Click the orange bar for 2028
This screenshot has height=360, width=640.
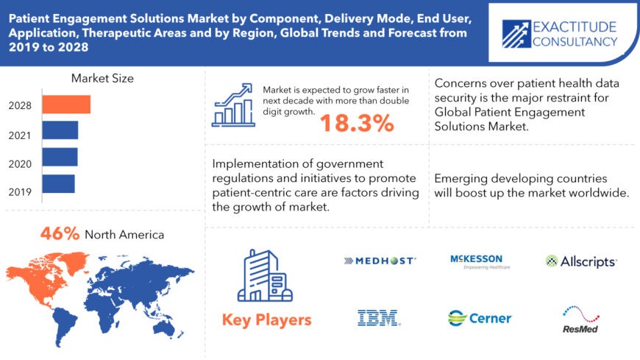[66, 105]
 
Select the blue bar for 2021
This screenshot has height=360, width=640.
[60, 130]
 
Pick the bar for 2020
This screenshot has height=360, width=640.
[60, 157]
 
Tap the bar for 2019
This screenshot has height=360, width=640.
[58, 183]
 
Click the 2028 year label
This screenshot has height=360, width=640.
[21, 105]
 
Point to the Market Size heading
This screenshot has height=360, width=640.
[102, 78]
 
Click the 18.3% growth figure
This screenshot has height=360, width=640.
[357, 124]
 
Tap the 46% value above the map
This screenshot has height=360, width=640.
[59, 234]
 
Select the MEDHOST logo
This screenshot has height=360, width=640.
[380, 261]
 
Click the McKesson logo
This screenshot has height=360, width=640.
[477, 261]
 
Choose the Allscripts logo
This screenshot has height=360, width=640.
[580, 261]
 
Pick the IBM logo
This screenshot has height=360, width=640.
[378, 318]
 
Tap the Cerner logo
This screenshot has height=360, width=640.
[480, 318]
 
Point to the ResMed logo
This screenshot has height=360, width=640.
[579, 320]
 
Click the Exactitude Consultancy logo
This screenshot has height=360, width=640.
[560, 34]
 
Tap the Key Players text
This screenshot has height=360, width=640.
[266, 320]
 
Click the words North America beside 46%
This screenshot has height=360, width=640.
[124, 235]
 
